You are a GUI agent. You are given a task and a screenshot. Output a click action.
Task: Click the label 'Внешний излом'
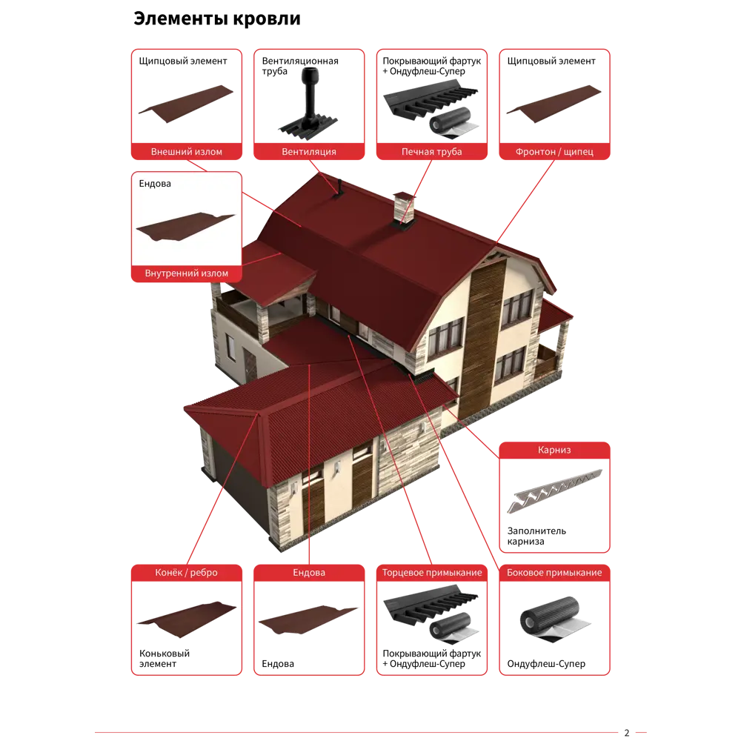[x=186, y=152]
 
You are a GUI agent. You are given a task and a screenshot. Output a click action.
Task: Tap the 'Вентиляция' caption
[x=308, y=152]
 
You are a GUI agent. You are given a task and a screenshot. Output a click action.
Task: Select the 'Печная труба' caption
[x=431, y=152]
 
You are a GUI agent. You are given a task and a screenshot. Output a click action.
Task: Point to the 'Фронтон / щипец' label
[x=554, y=152]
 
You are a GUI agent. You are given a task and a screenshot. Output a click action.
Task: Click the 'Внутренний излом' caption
[x=186, y=273]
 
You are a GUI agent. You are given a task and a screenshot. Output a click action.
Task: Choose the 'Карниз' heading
[x=554, y=450]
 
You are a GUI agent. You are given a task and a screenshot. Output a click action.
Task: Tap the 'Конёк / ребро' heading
[x=186, y=573]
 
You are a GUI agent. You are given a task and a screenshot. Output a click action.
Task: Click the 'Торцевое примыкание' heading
[x=431, y=573]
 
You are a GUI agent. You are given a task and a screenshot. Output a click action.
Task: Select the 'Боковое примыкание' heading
[x=554, y=573]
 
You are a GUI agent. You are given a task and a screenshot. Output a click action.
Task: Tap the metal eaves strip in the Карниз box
[x=554, y=490]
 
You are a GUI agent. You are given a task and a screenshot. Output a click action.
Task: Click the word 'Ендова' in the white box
[x=155, y=183]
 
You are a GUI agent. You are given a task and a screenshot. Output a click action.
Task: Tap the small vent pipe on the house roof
[x=339, y=186]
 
